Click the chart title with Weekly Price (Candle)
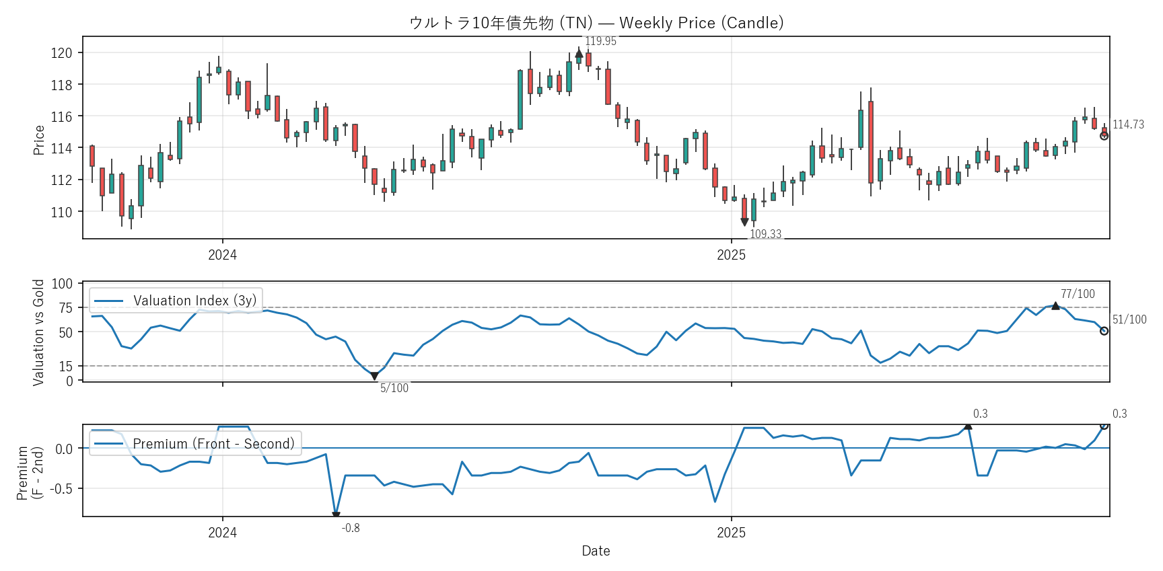pyautogui.click(x=596, y=23)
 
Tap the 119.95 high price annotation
pyautogui.click(x=600, y=41)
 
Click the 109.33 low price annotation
pyautogui.click(x=765, y=234)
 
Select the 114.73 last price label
pyautogui.click(x=1128, y=124)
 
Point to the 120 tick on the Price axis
pyautogui.click(x=62, y=53)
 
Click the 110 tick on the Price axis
pyautogui.click(x=62, y=212)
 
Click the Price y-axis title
pyautogui.click(x=39, y=140)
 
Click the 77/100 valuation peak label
pyautogui.click(x=1078, y=294)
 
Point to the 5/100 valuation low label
pyautogui.click(x=394, y=388)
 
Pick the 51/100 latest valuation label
pyautogui.click(x=1129, y=319)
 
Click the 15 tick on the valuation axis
pyautogui.click(x=66, y=367)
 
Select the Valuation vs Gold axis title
pyautogui.click(x=39, y=332)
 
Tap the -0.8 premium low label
pyautogui.click(x=351, y=528)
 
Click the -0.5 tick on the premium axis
pyautogui.click(x=63, y=489)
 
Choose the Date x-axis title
pyautogui.click(x=596, y=551)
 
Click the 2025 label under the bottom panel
pyautogui.click(x=731, y=533)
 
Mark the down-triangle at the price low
pyautogui.click(x=744, y=222)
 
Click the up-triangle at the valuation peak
pyautogui.click(x=1055, y=306)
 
